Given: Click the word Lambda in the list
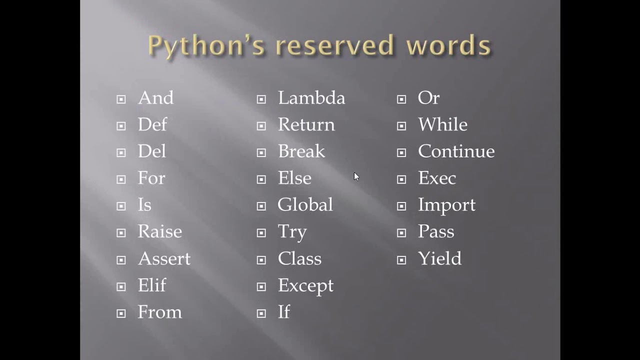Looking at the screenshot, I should coord(311,98).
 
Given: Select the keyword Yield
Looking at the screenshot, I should coord(439,259).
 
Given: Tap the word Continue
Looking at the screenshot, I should coord(456,151).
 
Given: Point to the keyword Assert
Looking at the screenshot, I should coord(164,259).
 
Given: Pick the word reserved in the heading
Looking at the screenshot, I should coord(334,45).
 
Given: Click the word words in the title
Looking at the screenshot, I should coord(448,45).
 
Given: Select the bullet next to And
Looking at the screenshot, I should coord(121,99).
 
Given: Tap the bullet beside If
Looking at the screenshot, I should coord(261,313).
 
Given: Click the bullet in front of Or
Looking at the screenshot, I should coord(401,99).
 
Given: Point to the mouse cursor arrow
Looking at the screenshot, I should coord(356,176).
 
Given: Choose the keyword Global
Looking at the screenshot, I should coord(305,205).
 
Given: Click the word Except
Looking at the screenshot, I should coord(305,286).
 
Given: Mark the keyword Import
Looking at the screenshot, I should coord(446,205).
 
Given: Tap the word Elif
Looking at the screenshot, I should coord(152,285).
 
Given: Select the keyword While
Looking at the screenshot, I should coord(442,124).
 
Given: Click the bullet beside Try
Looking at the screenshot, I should coord(261,233).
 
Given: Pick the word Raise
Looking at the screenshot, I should coord(159,232).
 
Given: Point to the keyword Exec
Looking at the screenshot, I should coord(436,178).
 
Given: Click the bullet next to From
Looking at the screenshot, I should coord(121,313).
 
